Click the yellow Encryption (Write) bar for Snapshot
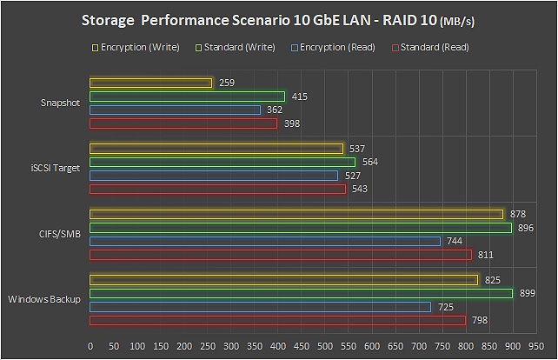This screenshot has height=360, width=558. [151, 83]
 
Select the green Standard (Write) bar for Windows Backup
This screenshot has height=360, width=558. [301, 293]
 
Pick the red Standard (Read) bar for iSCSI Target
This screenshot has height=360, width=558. [217, 189]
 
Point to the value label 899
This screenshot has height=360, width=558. [528, 293]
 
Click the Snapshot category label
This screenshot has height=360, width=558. [61, 103]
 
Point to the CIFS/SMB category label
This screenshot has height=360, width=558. [60, 234]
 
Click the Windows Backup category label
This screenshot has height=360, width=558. [44, 300]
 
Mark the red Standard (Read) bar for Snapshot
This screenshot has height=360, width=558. [183, 123]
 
